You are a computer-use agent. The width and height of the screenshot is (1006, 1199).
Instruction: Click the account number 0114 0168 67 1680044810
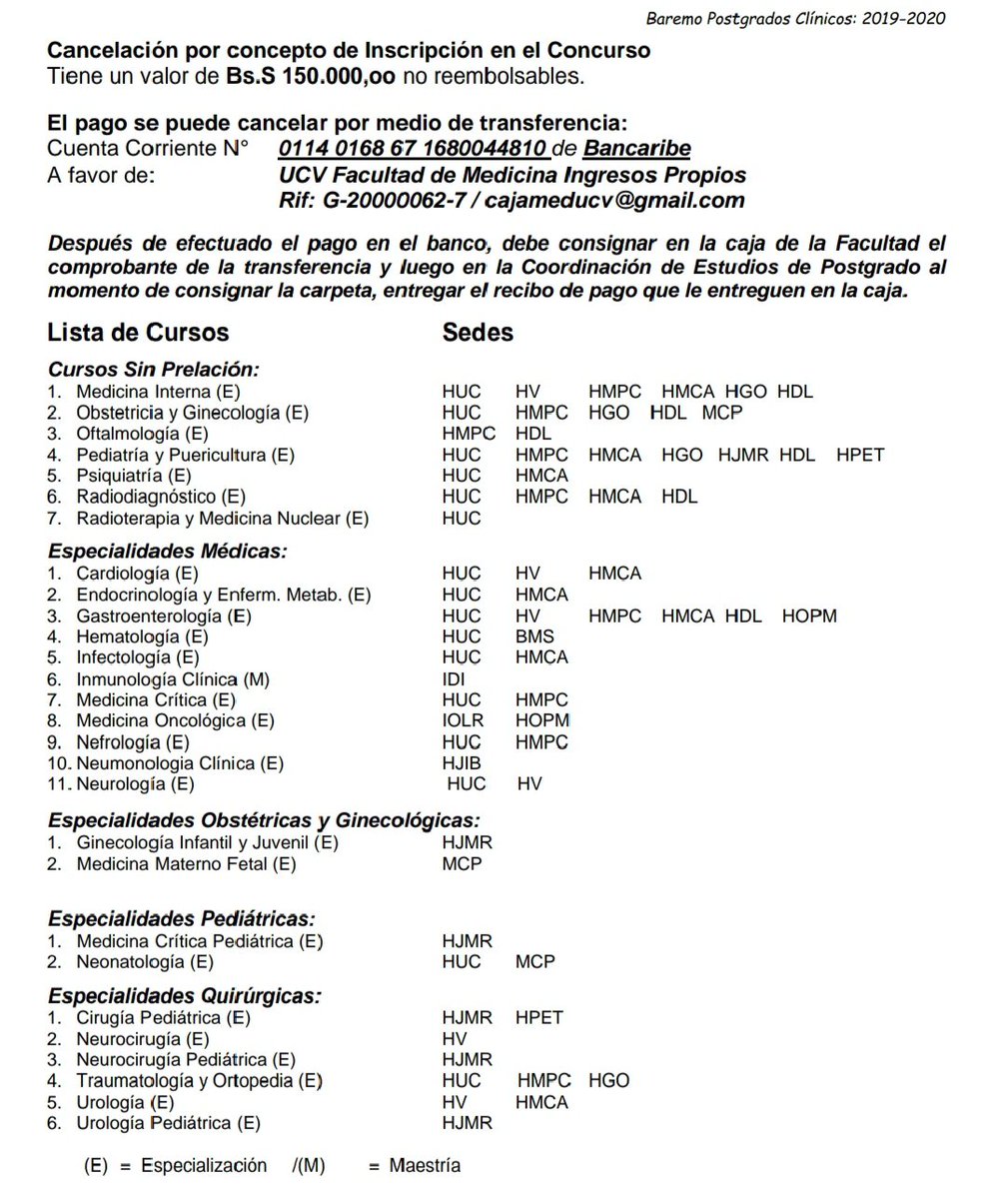(413, 149)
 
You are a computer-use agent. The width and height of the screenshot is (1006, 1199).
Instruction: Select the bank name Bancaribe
(636, 149)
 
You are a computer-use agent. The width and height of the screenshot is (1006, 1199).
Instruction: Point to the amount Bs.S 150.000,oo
(311, 76)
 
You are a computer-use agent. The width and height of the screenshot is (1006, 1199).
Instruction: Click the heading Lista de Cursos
(138, 332)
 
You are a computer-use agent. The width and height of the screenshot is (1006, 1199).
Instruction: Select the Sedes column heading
(478, 332)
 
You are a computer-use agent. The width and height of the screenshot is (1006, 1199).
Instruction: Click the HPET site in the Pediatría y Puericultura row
(860, 455)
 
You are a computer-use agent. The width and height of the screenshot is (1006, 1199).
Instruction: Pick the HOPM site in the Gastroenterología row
(809, 616)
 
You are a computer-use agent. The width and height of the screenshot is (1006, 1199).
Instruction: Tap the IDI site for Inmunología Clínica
(454, 679)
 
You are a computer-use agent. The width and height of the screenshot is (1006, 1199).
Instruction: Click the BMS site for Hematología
(534, 636)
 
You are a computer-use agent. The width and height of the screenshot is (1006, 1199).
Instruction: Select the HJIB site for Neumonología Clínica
(462, 763)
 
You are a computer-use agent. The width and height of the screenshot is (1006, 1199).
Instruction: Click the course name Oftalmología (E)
(142, 434)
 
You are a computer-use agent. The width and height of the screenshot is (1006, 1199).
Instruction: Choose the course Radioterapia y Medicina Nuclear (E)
(222, 518)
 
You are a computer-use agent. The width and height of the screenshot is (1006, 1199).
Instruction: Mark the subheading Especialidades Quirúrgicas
(185, 996)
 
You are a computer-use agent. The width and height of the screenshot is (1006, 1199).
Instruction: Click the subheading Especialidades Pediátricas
(182, 918)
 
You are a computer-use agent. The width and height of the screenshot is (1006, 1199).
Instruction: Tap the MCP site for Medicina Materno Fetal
(462, 863)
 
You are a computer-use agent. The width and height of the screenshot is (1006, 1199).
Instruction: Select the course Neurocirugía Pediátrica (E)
(186, 1059)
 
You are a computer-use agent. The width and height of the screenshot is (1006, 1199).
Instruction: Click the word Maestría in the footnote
(425, 1166)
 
